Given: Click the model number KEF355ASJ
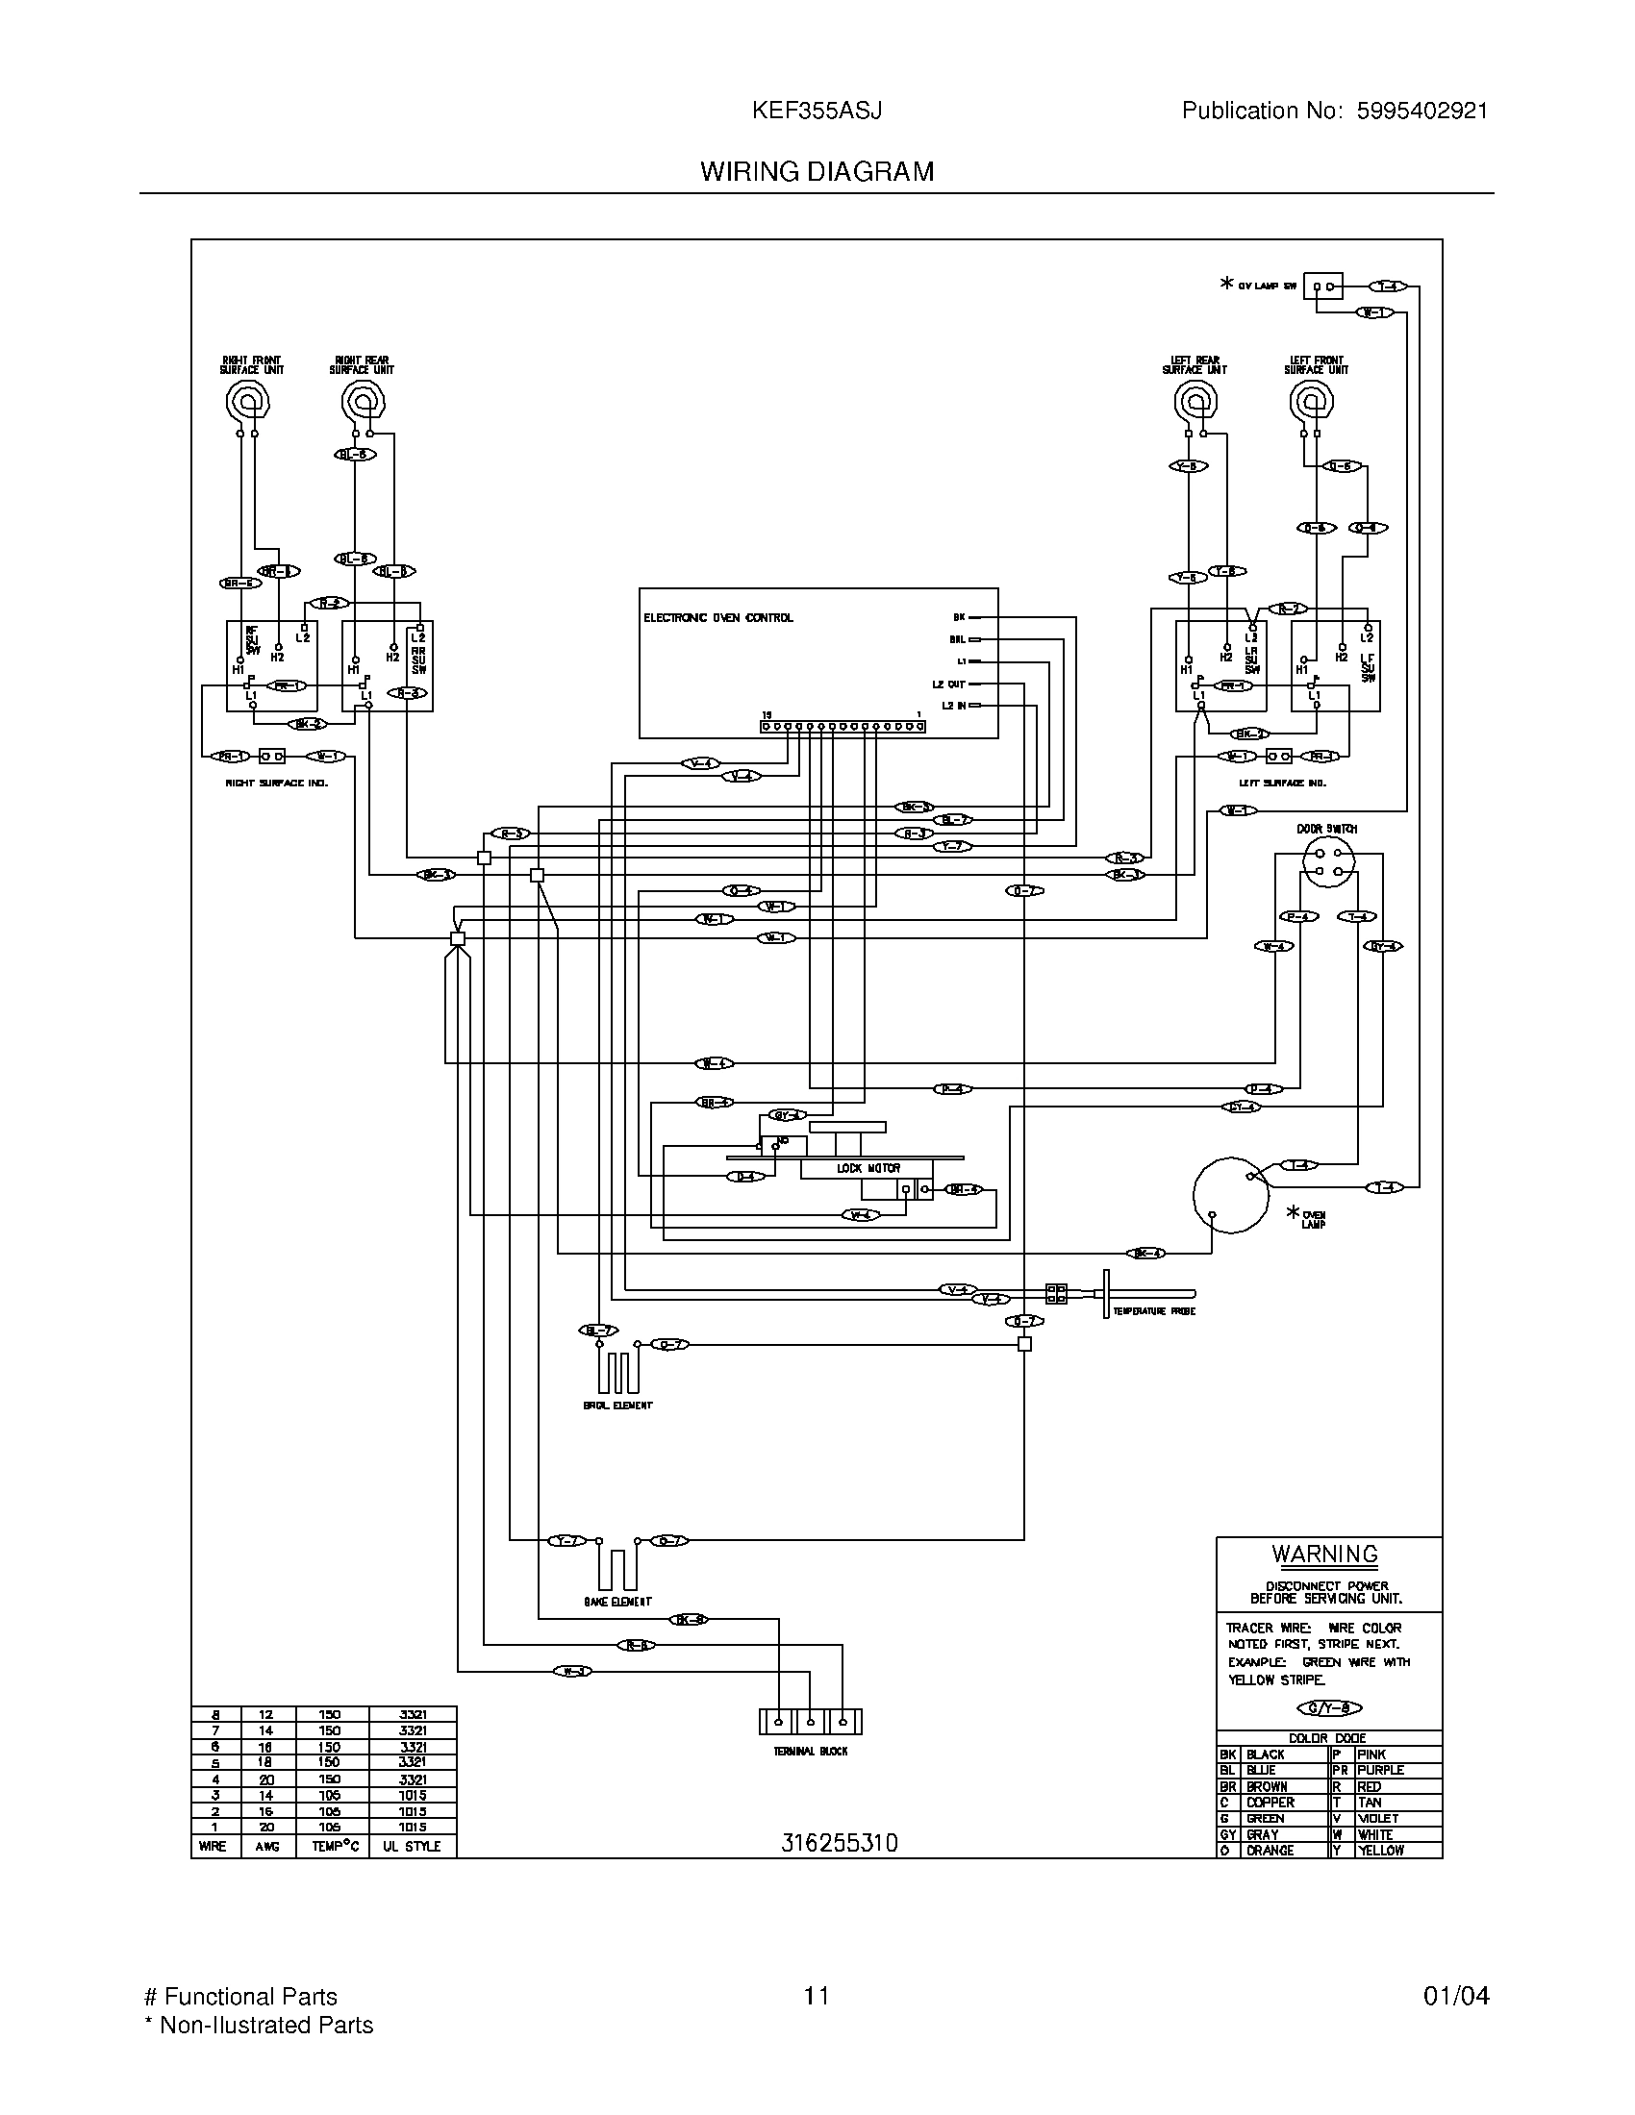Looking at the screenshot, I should pyautogui.click(x=817, y=111).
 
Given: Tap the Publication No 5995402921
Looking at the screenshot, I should pyautogui.click(x=1334, y=111).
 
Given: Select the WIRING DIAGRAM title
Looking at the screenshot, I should pyautogui.click(x=817, y=171).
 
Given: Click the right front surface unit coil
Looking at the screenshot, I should pyautogui.click(x=246, y=400).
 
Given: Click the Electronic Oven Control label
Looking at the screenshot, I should pyautogui.click(x=717, y=618).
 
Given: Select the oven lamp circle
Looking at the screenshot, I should pyautogui.click(x=1230, y=1195).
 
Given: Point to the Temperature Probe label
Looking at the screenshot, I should pyautogui.click(x=1153, y=1311).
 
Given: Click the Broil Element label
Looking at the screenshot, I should pyautogui.click(x=618, y=1406).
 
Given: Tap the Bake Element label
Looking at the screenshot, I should pyautogui.click(x=617, y=1602).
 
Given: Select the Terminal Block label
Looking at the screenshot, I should pyautogui.click(x=810, y=1751).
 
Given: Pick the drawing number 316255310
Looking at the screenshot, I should pyautogui.click(x=839, y=1843).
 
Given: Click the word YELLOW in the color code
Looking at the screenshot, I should pyautogui.click(x=1380, y=1851).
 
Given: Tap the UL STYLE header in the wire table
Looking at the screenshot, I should pyautogui.click(x=411, y=1847).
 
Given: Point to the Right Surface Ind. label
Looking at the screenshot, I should pyautogui.click(x=277, y=783).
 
